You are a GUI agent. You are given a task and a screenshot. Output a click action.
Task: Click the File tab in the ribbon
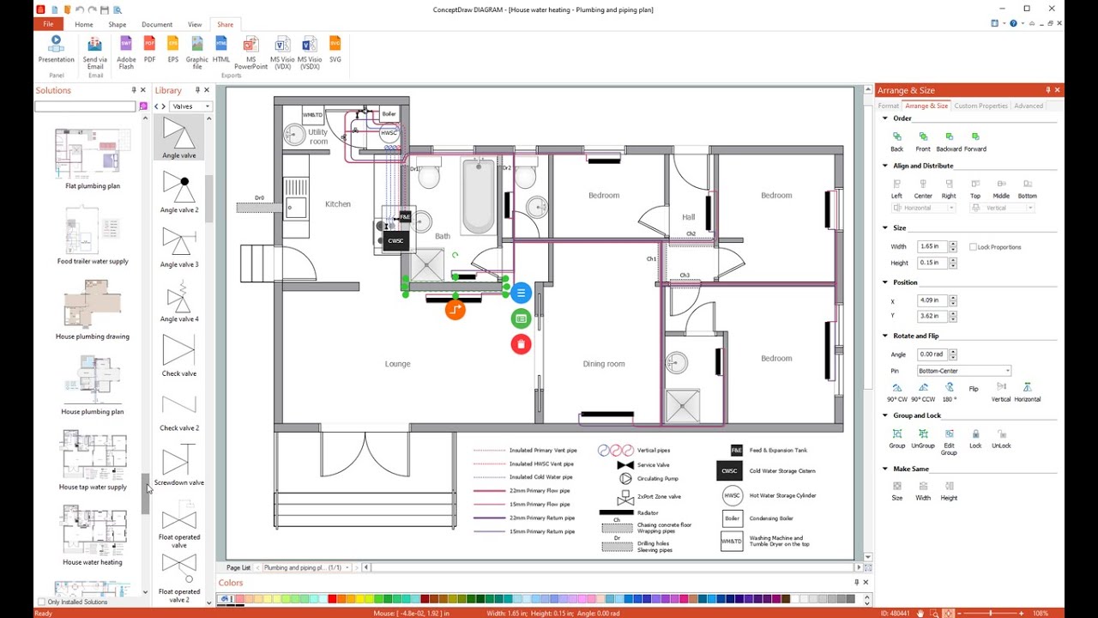coord(48,24)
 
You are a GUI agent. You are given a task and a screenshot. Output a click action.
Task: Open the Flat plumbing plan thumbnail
coord(93,155)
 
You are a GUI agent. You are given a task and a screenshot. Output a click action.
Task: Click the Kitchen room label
coord(338,204)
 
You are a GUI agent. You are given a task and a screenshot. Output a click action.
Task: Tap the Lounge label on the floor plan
coord(397,364)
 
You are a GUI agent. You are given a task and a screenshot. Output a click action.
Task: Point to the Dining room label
coord(604,364)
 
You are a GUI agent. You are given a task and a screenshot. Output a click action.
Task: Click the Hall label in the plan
coord(688,217)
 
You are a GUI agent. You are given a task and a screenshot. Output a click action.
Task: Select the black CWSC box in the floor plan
coord(395,241)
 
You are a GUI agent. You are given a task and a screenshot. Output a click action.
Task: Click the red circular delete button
coord(521,344)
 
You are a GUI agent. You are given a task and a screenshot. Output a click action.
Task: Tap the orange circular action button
coord(455,310)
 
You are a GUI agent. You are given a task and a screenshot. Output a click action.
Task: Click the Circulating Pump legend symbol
coord(625,479)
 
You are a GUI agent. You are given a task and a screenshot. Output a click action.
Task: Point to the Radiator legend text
coord(648,513)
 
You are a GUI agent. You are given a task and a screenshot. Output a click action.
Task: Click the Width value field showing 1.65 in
coord(932,246)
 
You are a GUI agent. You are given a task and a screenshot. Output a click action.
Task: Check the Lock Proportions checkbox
coord(973,247)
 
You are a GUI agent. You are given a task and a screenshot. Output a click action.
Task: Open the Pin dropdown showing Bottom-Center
coord(964,371)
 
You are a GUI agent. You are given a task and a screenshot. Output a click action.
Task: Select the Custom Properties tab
coord(980,106)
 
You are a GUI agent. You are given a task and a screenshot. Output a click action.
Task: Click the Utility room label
coord(318,136)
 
